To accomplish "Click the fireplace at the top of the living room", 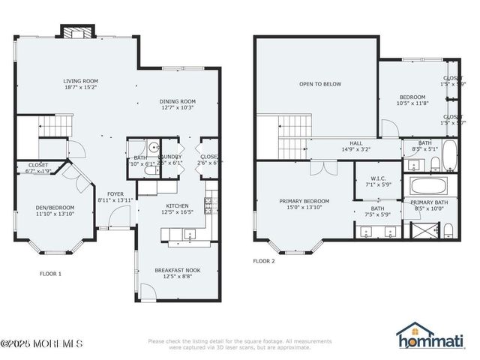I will pos(76,33).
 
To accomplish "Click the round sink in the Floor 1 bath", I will pos(153,148).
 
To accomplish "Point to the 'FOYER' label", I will pos(115,193).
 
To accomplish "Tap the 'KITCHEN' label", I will pos(177,206).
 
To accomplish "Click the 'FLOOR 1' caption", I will pos(50,274).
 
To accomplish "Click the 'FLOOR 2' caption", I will pos(264,262).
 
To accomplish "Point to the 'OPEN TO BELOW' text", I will pos(320,84).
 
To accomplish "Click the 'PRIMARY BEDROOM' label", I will pos(304,201).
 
